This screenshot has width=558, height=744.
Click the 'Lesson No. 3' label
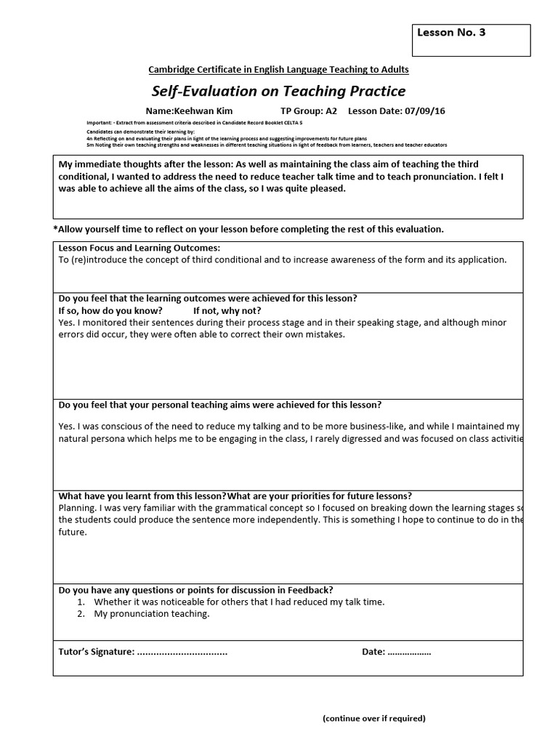(x=451, y=33)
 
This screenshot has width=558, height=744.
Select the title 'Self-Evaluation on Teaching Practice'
(x=278, y=91)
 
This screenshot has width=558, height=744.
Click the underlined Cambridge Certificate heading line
(x=278, y=70)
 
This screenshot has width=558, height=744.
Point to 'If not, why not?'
(x=227, y=310)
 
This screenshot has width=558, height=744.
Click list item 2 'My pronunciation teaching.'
(x=151, y=614)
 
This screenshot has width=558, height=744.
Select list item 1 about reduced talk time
(x=229, y=602)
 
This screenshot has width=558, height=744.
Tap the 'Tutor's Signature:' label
(x=96, y=652)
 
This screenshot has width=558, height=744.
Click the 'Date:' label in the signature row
(x=373, y=652)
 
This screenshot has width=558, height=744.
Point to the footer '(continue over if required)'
(x=374, y=719)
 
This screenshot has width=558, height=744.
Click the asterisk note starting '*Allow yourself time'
(x=248, y=229)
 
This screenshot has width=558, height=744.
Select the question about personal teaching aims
(x=219, y=405)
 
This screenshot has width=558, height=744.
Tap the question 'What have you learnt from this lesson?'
(x=142, y=496)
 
